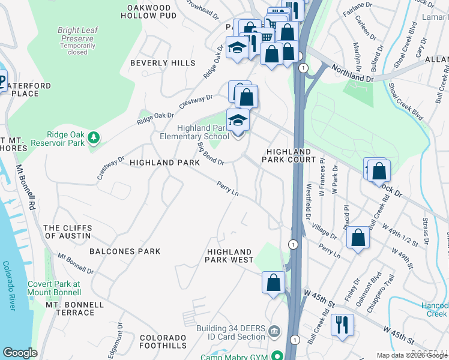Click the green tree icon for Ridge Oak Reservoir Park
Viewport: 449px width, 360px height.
pyautogui.click(x=93, y=139)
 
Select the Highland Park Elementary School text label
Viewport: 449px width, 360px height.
pyautogui.click(x=203, y=132)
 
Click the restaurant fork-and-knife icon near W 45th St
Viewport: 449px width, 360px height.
pyautogui.click(x=342, y=325)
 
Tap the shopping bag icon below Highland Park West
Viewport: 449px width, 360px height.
pyautogui.click(x=273, y=282)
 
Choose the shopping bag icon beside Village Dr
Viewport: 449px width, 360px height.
pyautogui.click(x=358, y=237)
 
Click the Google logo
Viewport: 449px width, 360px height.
pyautogui.click(x=20, y=353)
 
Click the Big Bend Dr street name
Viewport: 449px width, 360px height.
pyautogui.click(x=211, y=154)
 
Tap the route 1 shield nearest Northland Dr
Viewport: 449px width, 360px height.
pyautogui.click(x=304, y=68)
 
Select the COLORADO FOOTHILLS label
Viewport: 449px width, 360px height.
pyautogui.click(x=163, y=342)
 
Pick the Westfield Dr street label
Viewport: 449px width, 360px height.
pyautogui.click(x=309, y=201)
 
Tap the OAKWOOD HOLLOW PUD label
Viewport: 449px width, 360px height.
pyautogui.click(x=152, y=11)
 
